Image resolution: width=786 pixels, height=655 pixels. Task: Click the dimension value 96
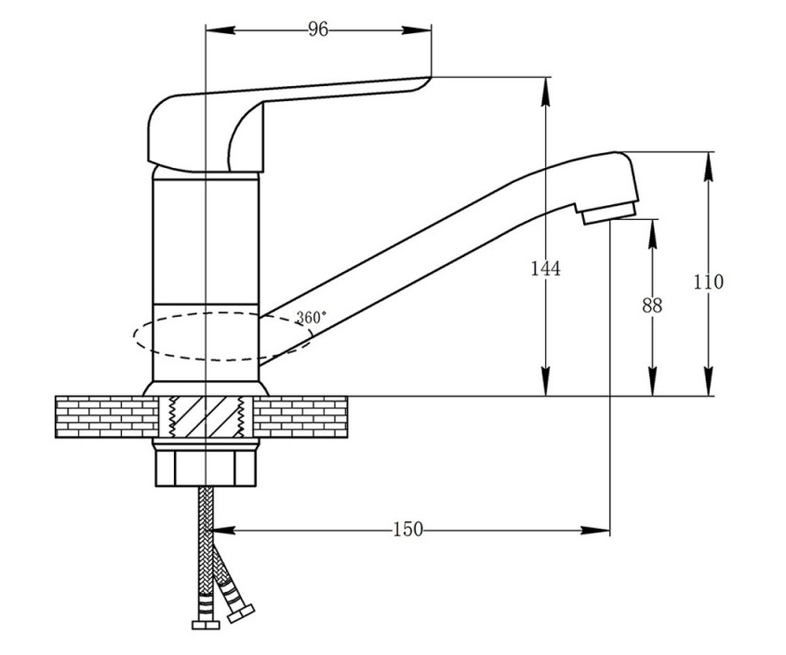318,29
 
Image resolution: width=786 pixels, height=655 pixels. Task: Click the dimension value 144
546,269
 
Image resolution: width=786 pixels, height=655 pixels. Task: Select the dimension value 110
709,282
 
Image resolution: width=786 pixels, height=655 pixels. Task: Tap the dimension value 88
652,305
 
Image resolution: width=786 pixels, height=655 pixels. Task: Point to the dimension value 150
408,529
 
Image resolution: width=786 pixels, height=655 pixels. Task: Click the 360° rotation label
311,317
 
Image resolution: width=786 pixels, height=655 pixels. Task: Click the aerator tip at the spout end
609,214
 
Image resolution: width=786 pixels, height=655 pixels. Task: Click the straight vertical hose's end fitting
206,626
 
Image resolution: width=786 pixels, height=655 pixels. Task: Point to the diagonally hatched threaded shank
206,417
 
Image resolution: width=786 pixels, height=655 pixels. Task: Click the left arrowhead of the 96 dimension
221,30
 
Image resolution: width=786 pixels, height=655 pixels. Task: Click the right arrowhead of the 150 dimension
595,531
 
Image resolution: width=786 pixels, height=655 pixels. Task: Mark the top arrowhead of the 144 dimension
546,92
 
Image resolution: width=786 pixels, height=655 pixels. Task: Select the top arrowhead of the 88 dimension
653,234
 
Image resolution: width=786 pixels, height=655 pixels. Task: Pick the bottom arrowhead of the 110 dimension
709,381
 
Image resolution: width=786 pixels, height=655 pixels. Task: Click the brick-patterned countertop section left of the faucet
107,417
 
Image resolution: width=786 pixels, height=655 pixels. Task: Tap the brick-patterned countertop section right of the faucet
301,417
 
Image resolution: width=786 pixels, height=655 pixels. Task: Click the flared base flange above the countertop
206,388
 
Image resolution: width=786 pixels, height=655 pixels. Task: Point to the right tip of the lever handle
430,77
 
